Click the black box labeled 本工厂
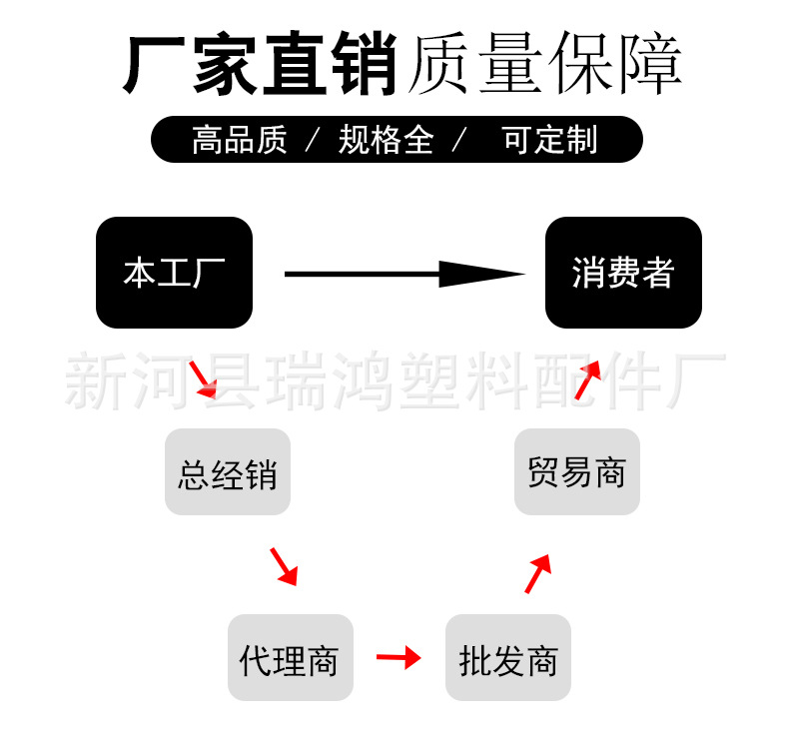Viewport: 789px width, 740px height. (x=174, y=273)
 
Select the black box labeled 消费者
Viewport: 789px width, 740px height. (x=623, y=273)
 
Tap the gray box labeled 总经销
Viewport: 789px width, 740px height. (x=228, y=472)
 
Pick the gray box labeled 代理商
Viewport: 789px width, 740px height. (x=291, y=658)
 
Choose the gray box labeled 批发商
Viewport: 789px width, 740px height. (x=508, y=658)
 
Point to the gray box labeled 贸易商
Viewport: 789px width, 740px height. (x=577, y=472)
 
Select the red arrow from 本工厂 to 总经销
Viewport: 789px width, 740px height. (x=204, y=379)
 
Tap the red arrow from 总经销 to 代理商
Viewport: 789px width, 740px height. (x=284, y=565)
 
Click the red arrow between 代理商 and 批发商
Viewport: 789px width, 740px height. (x=398, y=657)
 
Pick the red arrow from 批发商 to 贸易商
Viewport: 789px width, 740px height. (x=538, y=573)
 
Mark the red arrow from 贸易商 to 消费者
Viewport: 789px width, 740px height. (x=587, y=379)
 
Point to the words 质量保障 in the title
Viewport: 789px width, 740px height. (x=544, y=65)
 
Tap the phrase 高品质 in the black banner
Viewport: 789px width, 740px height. (x=239, y=140)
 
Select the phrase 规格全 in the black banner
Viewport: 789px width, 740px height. (x=386, y=140)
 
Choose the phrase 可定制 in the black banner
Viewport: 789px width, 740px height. (x=549, y=140)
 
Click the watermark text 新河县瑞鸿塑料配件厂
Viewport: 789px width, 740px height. (x=394, y=381)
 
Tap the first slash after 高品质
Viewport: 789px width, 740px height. (x=312, y=140)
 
